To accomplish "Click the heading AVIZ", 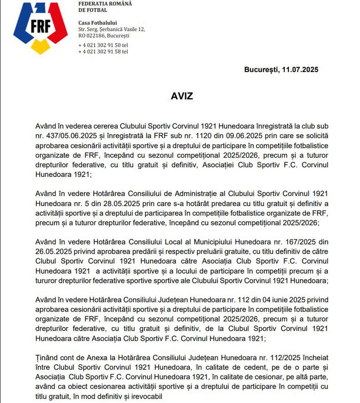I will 182,96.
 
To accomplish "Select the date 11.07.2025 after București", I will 300,70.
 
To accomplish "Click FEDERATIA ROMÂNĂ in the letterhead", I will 105,4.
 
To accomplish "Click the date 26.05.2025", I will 52,252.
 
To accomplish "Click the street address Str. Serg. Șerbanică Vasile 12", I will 112,29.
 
